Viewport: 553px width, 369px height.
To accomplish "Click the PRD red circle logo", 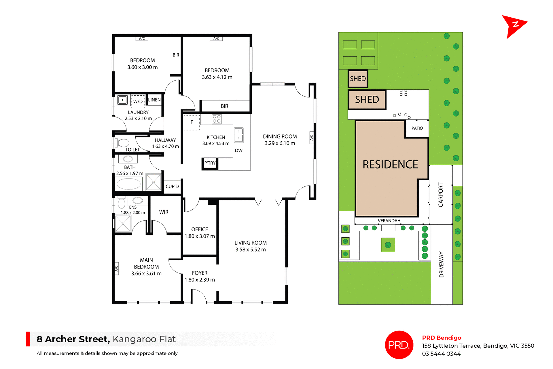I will coord(399,345).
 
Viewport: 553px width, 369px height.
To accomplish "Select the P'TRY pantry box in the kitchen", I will coord(210,163).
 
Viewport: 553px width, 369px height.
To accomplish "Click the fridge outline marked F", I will coord(192,122).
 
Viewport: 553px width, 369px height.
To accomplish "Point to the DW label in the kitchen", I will coord(238,150).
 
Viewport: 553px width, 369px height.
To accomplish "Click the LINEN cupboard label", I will coord(154,100).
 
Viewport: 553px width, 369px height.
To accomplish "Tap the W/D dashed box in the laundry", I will coord(138,101).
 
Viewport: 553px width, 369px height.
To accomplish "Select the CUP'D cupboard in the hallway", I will coord(172,186).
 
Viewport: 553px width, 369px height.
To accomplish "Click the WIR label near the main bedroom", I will coord(164,212).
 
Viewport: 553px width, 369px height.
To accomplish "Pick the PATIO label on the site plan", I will coord(417,128).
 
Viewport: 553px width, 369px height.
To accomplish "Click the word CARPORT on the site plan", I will coord(441,195).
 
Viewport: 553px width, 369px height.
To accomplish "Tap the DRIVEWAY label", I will coord(441,264).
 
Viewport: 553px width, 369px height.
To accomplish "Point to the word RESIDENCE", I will coord(390,164).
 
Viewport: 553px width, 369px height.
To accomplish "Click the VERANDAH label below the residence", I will coord(389,221).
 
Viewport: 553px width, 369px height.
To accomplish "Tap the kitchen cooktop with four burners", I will coord(217,119).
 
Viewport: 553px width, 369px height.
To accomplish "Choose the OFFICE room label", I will coord(200,229).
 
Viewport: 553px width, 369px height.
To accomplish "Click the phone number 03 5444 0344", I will coord(441,354).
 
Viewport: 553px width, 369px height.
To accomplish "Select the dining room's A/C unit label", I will coord(311,138).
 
